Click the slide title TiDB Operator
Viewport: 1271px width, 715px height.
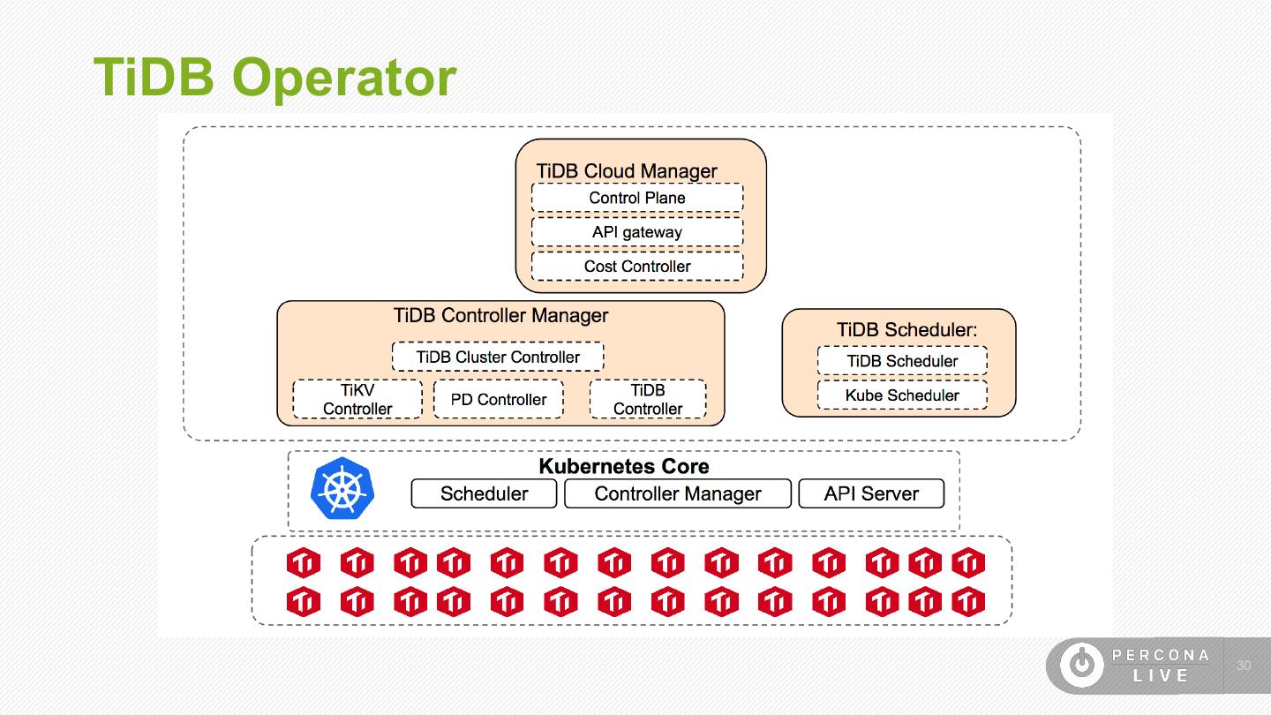(x=275, y=77)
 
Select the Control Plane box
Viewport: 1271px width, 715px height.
(x=636, y=198)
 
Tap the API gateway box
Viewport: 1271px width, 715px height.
(x=636, y=232)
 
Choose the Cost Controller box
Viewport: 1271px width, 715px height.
(x=636, y=267)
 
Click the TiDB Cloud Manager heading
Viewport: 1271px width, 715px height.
(x=627, y=171)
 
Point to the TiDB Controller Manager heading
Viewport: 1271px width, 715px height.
(x=500, y=315)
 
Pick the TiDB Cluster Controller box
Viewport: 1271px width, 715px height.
(x=498, y=357)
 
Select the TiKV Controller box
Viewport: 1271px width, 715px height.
(x=357, y=399)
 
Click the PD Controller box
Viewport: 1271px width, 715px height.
(x=498, y=399)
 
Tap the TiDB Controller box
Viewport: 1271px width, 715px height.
(x=648, y=399)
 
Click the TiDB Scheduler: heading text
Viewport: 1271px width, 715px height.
(x=906, y=330)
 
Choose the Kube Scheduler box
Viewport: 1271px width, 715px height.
(x=901, y=395)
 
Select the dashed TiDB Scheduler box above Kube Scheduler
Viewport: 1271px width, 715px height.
(x=901, y=361)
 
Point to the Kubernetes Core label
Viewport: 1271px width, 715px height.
(x=623, y=466)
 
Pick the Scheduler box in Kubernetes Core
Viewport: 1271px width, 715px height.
(x=484, y=494)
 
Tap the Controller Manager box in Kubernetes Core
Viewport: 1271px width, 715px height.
(x=677, y=494)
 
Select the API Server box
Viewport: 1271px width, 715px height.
(x=871, y=494)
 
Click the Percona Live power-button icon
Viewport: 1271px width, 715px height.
(x=1081, y=665)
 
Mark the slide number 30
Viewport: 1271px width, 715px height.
(x=1244, y=666)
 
